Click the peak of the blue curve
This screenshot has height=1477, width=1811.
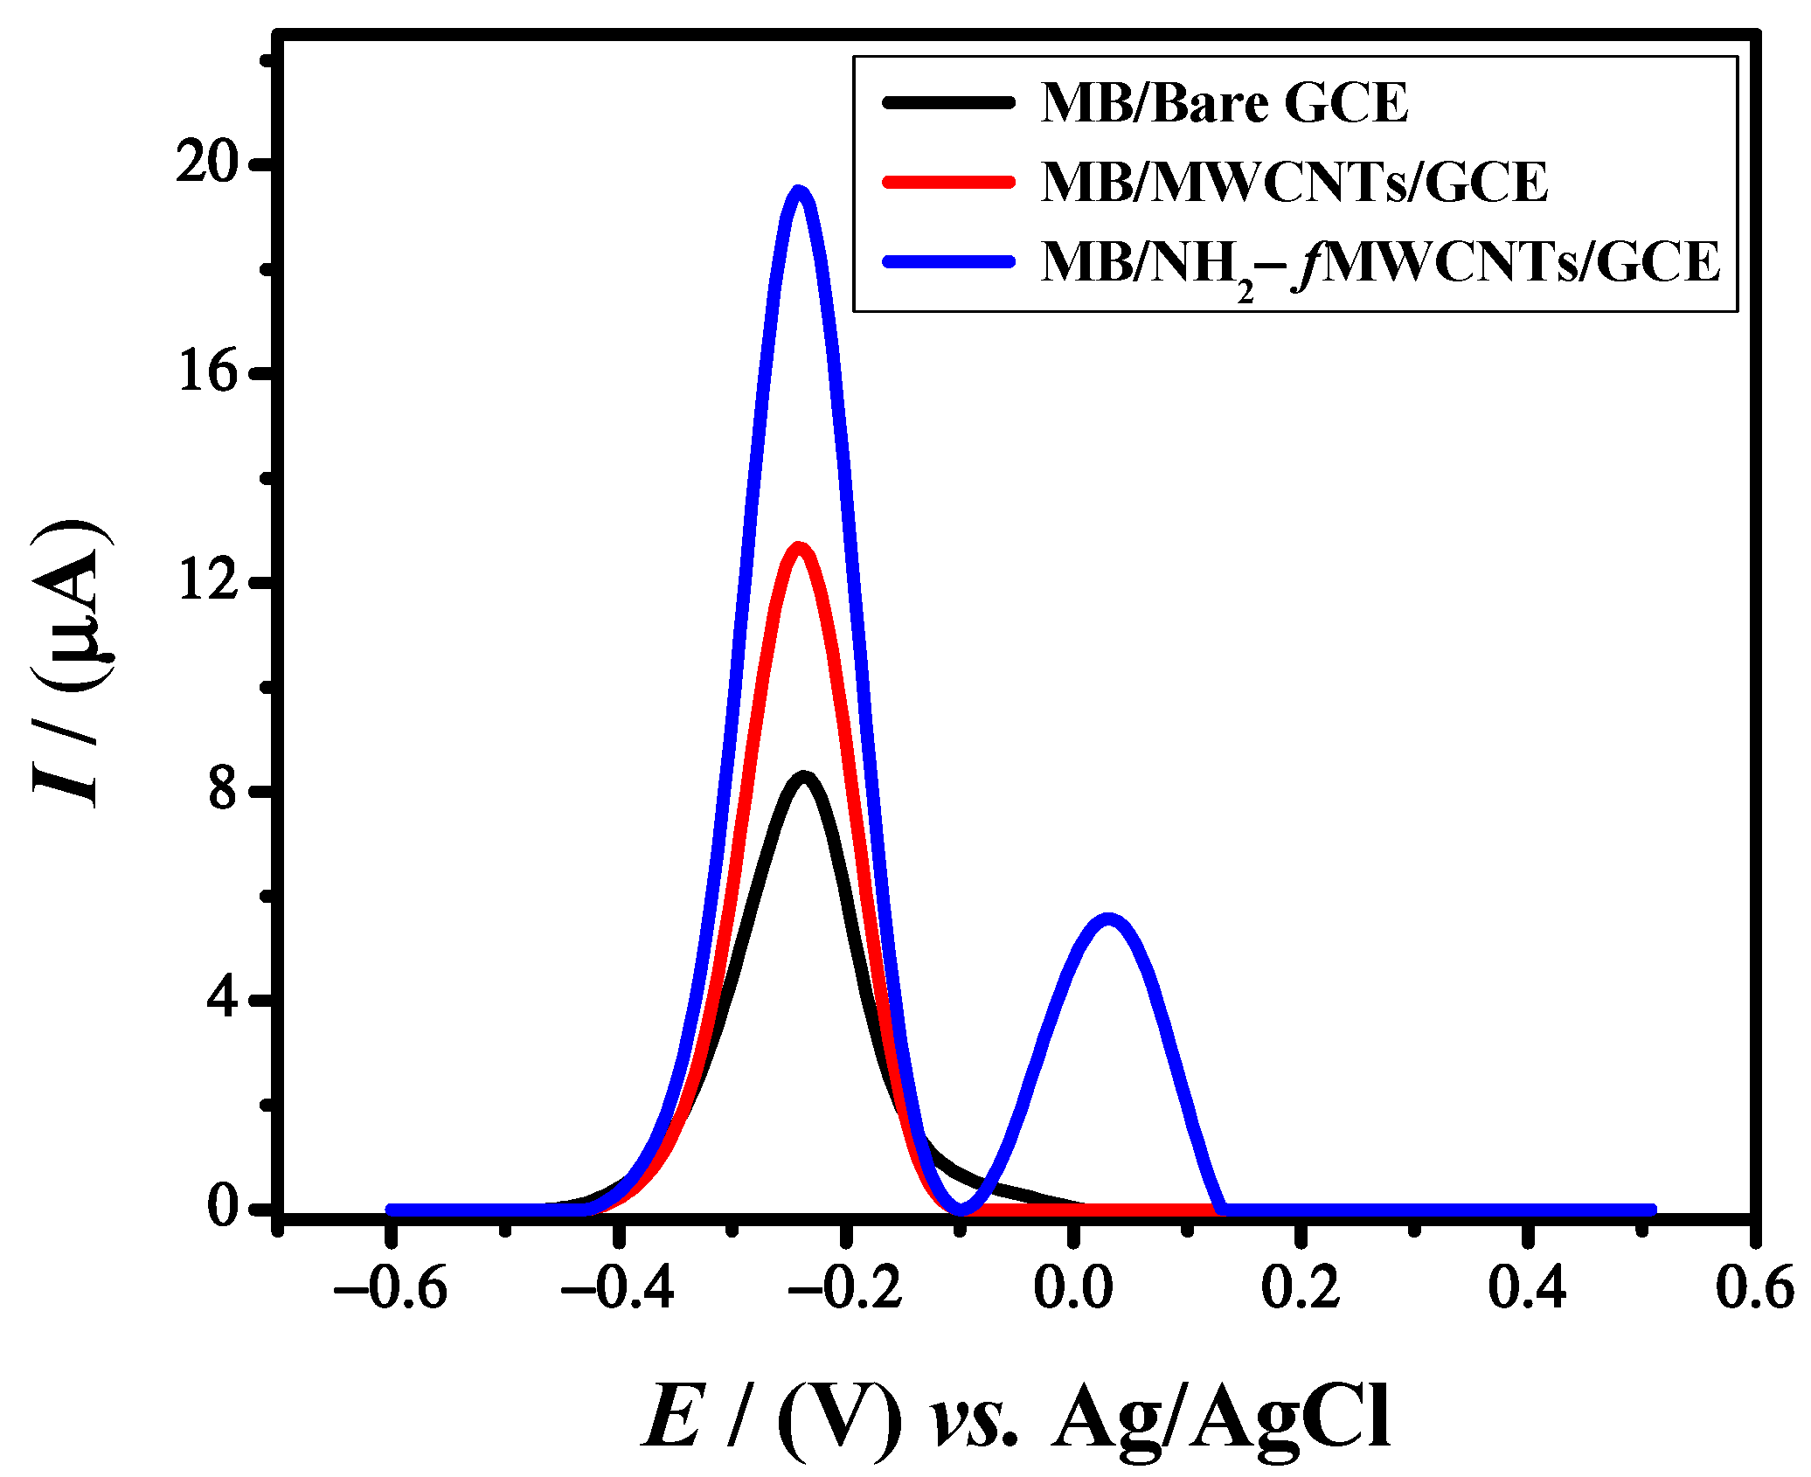[798, 192]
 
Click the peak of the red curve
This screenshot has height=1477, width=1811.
[798, 549]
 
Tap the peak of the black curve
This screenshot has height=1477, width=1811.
[805, 778]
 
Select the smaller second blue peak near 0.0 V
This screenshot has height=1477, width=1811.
[1108, 920]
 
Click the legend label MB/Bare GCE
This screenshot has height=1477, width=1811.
[1225, 103]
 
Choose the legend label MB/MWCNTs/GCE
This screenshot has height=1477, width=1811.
[1294, 183]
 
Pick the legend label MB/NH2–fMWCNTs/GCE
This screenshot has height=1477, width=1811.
[1380, 262]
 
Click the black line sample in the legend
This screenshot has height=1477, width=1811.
[949, 102]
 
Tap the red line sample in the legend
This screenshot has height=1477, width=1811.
[949, 182]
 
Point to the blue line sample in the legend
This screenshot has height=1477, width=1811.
[949, 261]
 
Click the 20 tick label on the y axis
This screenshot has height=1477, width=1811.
[207, 164]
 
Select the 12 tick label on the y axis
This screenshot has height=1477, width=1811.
[208, 579]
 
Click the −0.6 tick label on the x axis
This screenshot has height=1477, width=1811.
[391, 1288]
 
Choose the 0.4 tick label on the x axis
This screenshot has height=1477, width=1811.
[1527, 1288]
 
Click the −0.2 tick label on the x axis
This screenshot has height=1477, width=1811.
[845, 1288]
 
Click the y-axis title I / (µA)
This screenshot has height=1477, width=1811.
[70, 664]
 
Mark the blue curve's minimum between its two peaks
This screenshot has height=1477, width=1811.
[961, 1209]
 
